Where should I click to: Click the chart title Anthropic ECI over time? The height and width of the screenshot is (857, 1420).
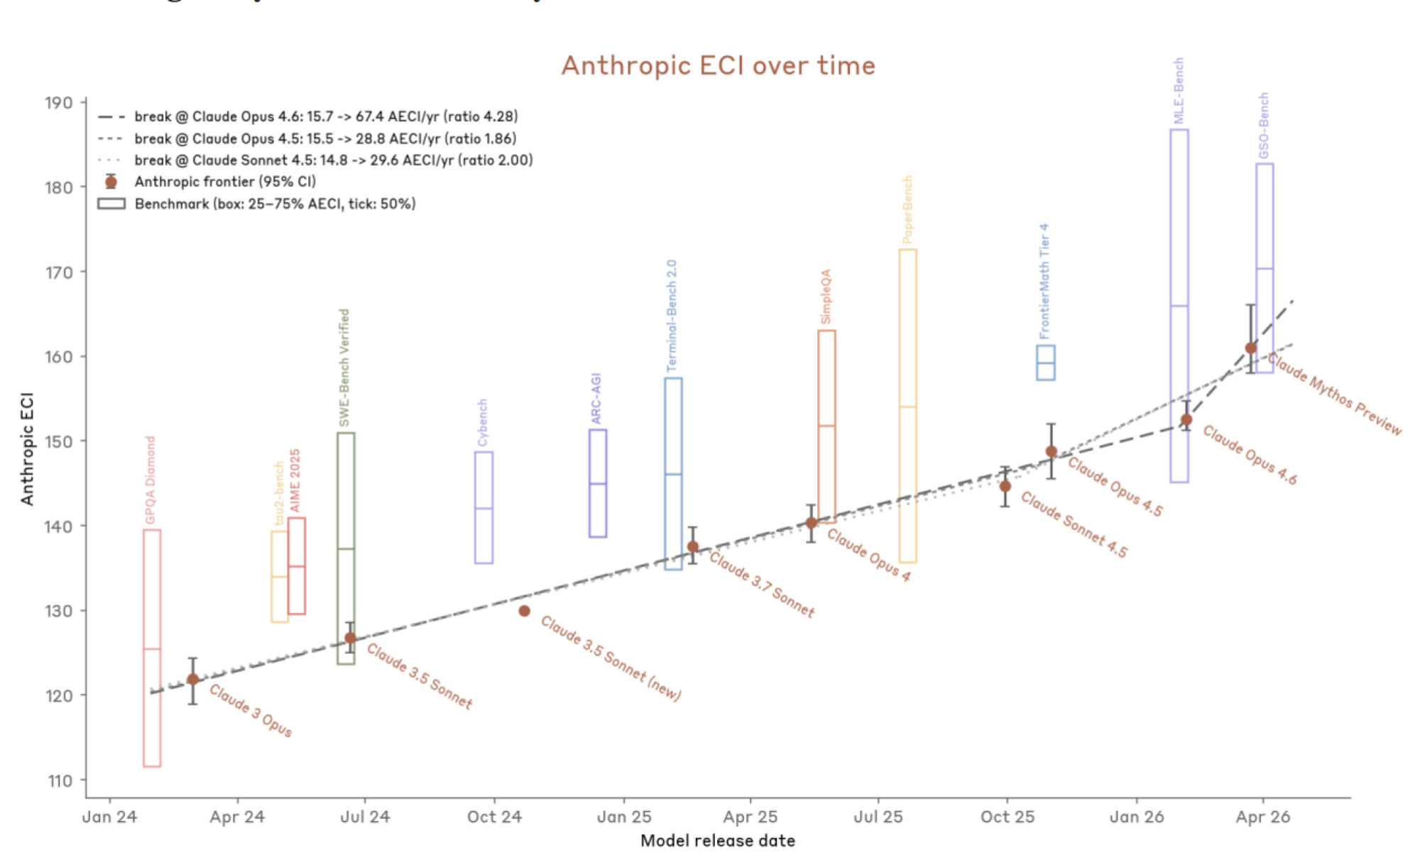[718, 66]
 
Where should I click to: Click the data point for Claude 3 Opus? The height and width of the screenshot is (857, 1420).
[192, 680]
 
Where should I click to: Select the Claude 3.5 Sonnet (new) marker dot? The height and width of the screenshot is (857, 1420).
[524, 611]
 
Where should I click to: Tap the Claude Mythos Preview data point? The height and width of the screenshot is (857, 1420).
[1251, 348]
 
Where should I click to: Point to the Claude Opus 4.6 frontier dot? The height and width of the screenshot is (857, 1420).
[1186, 420]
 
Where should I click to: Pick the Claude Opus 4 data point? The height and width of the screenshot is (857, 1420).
[811, 523]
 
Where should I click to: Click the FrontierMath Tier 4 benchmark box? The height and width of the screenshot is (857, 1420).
[1045, 363]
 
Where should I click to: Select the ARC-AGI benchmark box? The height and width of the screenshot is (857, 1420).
[598, 483]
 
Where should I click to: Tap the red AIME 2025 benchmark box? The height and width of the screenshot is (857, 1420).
[297, 565]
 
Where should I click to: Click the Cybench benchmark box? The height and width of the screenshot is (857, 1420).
[484, 507]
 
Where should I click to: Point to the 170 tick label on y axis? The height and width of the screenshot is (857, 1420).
[58, 272]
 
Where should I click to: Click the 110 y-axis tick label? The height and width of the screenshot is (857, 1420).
[60, 781]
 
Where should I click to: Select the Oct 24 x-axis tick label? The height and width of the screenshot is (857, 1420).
[494, 817]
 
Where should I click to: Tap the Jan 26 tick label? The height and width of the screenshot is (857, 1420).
[1136, 817]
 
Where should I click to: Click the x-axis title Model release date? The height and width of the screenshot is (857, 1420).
[717, 841]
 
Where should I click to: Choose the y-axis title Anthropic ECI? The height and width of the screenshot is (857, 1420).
[27, 448]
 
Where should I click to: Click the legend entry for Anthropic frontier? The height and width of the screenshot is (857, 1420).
[225, 182]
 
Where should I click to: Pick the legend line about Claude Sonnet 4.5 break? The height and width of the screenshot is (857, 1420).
[333, 160]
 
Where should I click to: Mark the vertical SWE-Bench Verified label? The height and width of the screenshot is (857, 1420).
[344, 367]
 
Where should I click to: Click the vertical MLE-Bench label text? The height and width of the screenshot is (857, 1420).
[1179, 91]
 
